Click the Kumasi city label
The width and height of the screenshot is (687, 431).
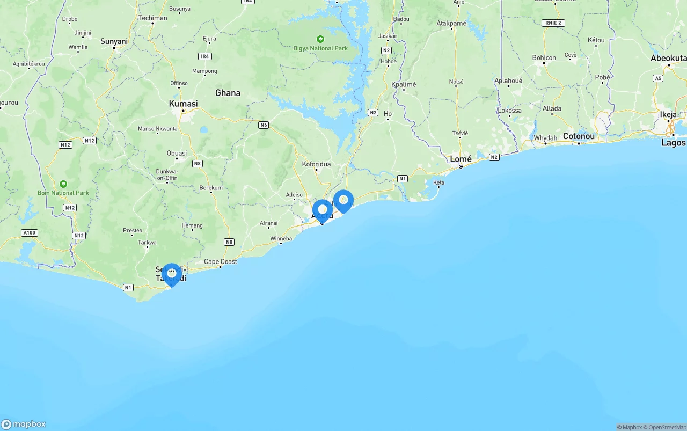point(183,104)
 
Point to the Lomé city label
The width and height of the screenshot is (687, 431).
point(461,159)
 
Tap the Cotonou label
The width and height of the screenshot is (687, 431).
point(579,137)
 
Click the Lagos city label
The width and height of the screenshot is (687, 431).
point(673,143)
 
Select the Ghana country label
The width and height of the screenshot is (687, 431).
point(228,93)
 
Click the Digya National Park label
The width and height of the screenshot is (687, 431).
point(320,48)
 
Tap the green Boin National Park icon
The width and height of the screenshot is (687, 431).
point(63,184)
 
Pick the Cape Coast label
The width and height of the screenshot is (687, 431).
point(220,262)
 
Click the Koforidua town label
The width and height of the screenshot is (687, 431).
point(316,164)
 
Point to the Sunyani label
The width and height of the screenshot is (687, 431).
point(114,41)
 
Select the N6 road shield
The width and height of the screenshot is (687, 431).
point(263,125)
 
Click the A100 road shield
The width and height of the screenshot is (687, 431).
point(29,233)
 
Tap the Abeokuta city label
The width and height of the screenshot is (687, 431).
point(668,58)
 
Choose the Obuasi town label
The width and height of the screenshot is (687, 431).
point(177,154)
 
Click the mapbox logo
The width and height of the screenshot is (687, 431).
point(24,424)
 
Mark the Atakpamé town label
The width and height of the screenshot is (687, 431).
point(451,24)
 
